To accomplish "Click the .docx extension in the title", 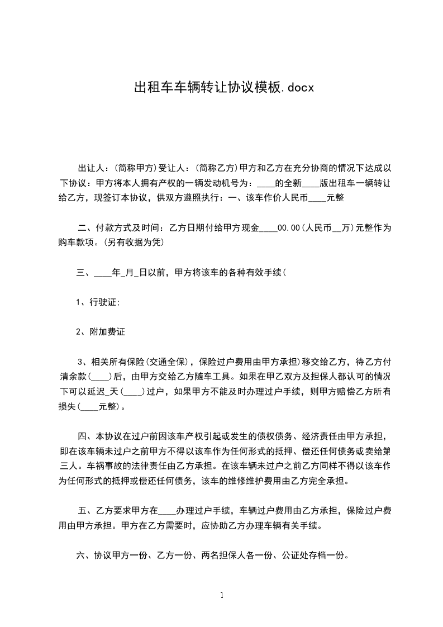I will (x=294, y=87).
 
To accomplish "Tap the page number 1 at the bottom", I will (x=222, y=595).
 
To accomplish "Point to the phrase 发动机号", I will (x=224, y=183).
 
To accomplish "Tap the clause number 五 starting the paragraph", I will (x=82, y=510).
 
